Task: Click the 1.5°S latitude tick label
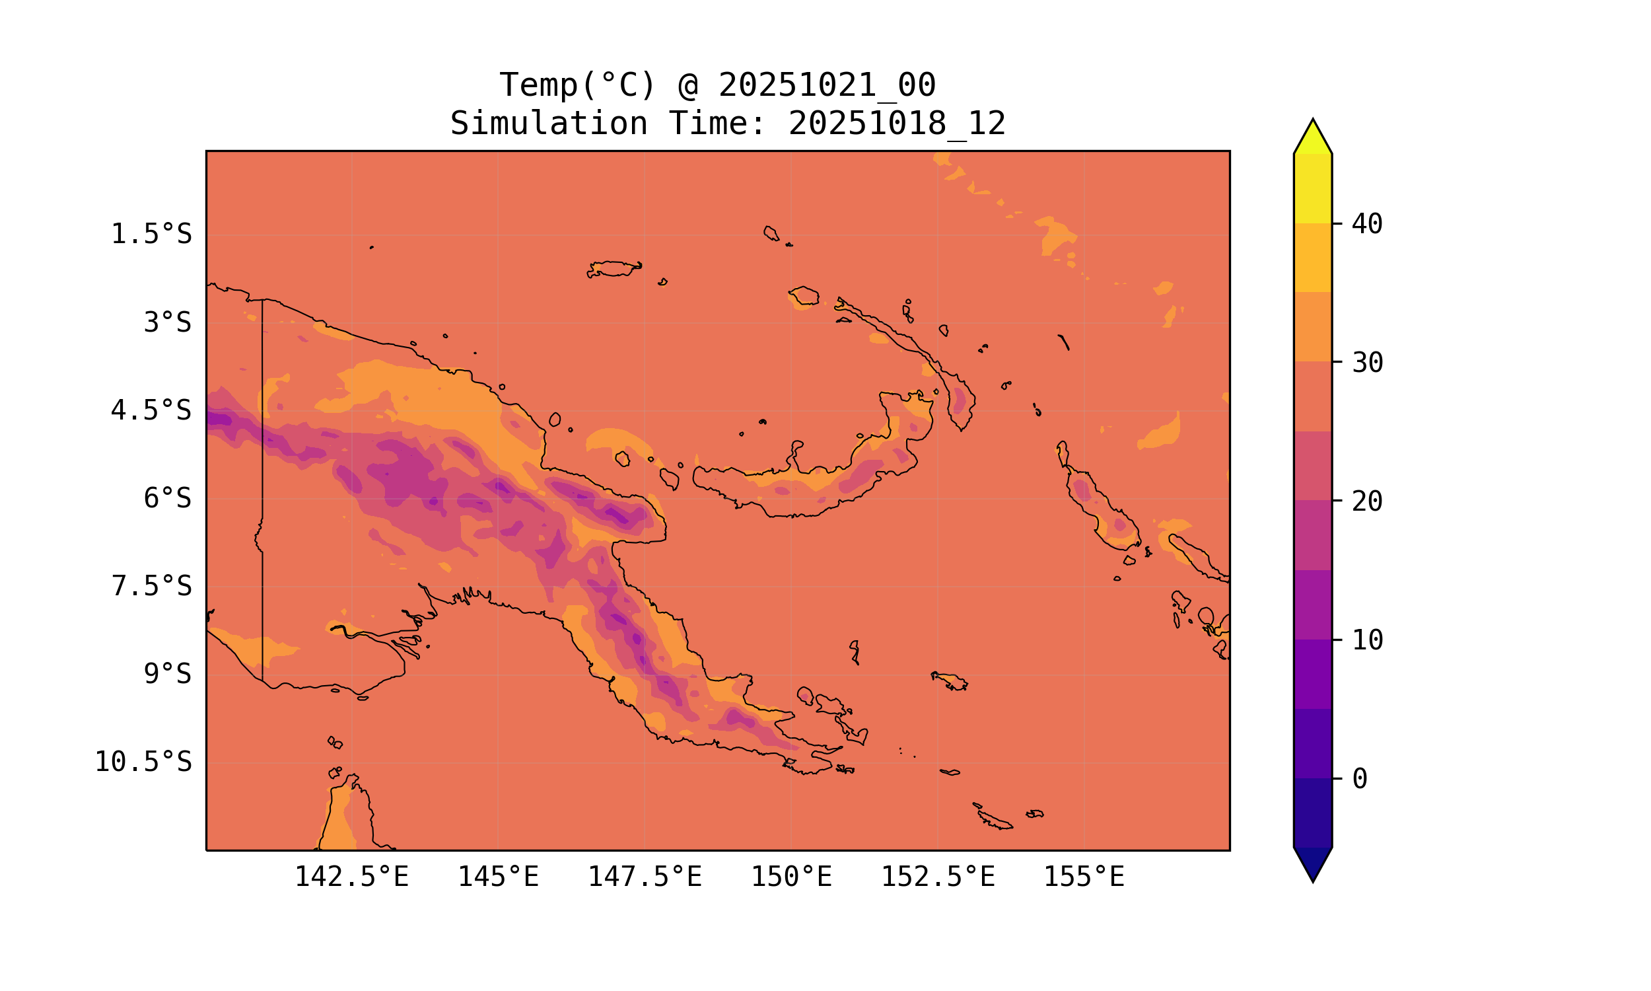151,235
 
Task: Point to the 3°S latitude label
168,322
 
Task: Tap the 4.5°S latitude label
151,411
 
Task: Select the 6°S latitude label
168,498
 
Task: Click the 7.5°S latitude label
151,586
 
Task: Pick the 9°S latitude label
168,674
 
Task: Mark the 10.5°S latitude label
143,762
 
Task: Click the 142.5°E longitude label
352,877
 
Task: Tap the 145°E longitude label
498,877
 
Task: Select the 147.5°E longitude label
645,877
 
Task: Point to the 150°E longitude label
791,877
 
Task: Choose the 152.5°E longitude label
938,877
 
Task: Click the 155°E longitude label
1084,877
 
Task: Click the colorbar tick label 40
1368,225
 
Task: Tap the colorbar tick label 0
1360,779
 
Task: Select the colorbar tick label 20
1368,501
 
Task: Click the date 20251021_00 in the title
827,85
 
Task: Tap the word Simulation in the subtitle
549,124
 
